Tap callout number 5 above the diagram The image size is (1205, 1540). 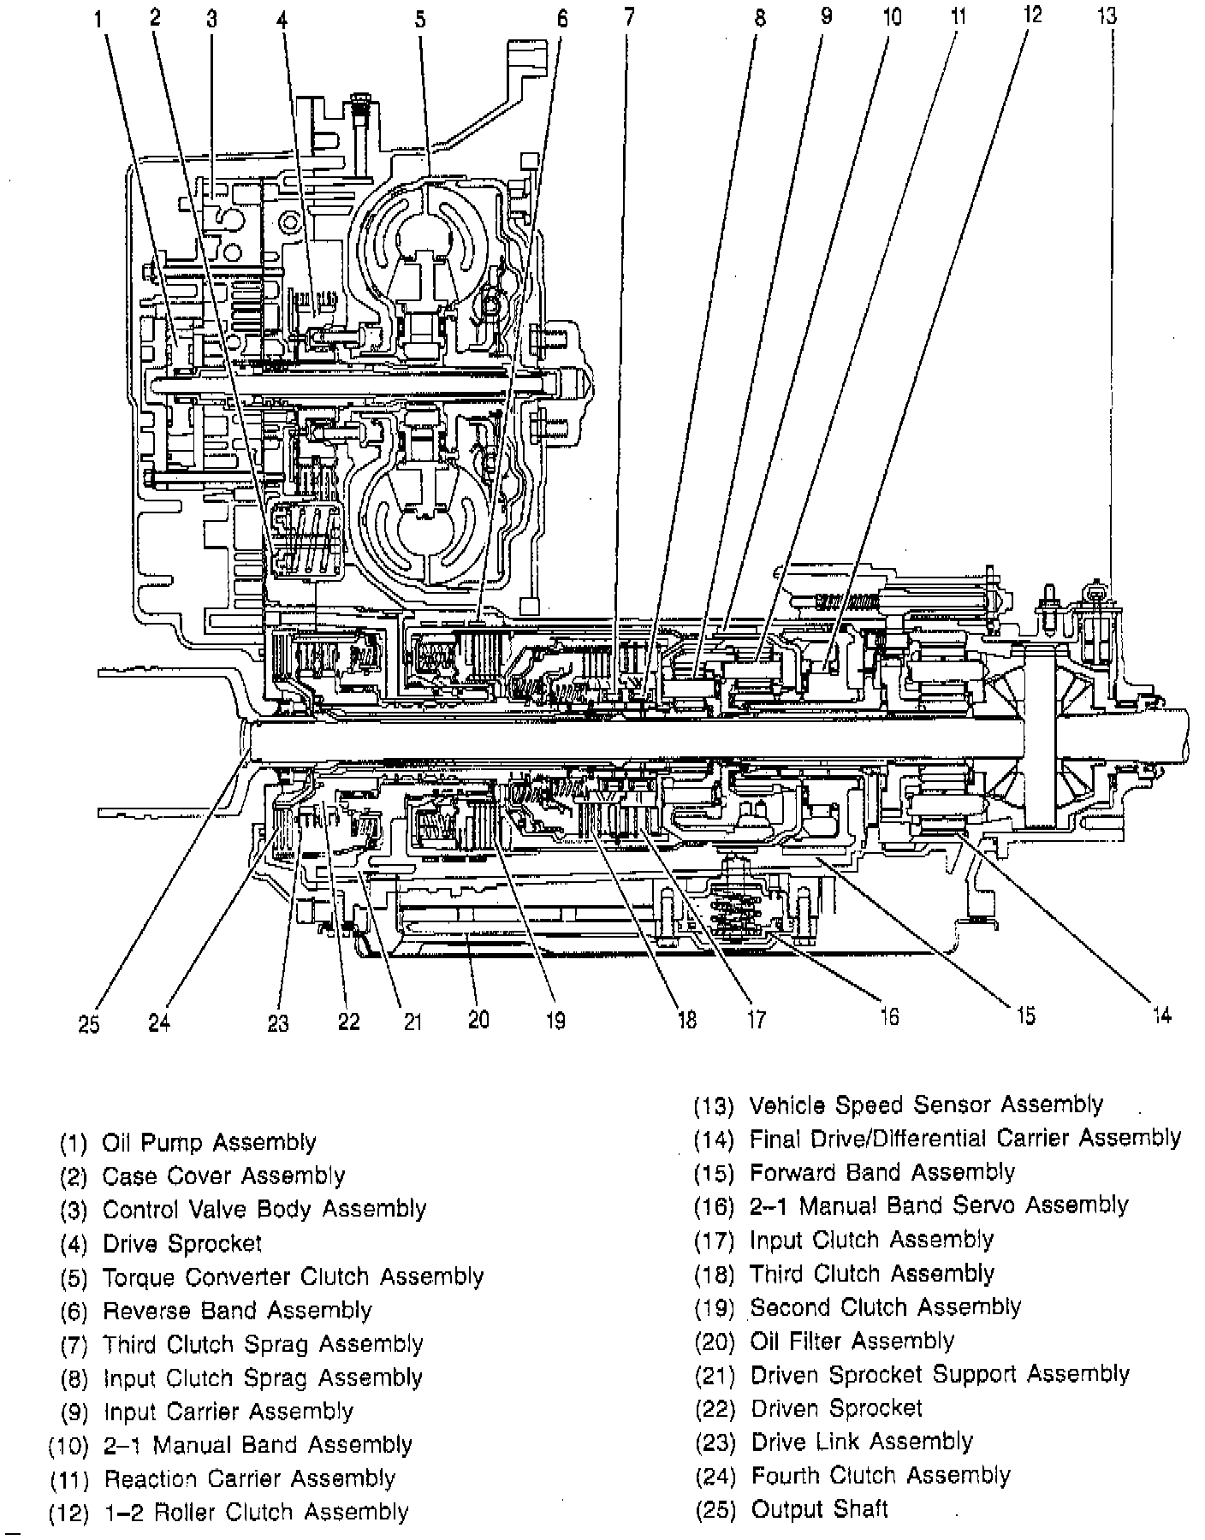point(420,18)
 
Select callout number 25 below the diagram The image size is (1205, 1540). point(89,1023)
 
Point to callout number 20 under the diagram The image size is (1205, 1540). point(478,1019)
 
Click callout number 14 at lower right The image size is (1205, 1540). point(1160,1015)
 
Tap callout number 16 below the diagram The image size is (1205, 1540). point(888,1016)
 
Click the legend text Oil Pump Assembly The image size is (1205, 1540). point(209,1142)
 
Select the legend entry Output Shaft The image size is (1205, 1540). point(819,1508)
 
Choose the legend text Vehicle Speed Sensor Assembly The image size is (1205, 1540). point(926,1105)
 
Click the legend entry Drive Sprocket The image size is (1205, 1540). point(182,1243)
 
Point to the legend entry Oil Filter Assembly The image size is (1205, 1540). point(852,1341)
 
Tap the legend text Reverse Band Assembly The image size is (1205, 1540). point(237,1311)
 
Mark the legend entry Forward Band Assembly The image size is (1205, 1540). point(881,1172)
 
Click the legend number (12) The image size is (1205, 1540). point(68,1513)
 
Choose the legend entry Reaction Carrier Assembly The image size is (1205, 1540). point(249,1478)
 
